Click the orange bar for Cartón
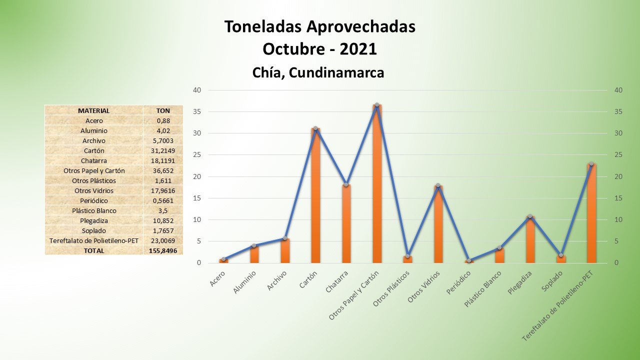coord(315,200)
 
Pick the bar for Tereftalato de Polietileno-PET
coord(591,215)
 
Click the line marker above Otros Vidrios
coord(438,185)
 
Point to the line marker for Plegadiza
coord(530,216)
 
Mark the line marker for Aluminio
coord(254,245)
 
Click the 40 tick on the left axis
coord(197,90)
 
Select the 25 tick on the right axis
coord(618,155)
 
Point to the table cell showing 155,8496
coord(162,250)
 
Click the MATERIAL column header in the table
coord(93,110)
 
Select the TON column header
coord(163,110)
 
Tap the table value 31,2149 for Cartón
coord(162,150)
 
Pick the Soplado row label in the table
coord(93,230)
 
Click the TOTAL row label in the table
coord(93,250)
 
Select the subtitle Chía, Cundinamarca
coord(318,72)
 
